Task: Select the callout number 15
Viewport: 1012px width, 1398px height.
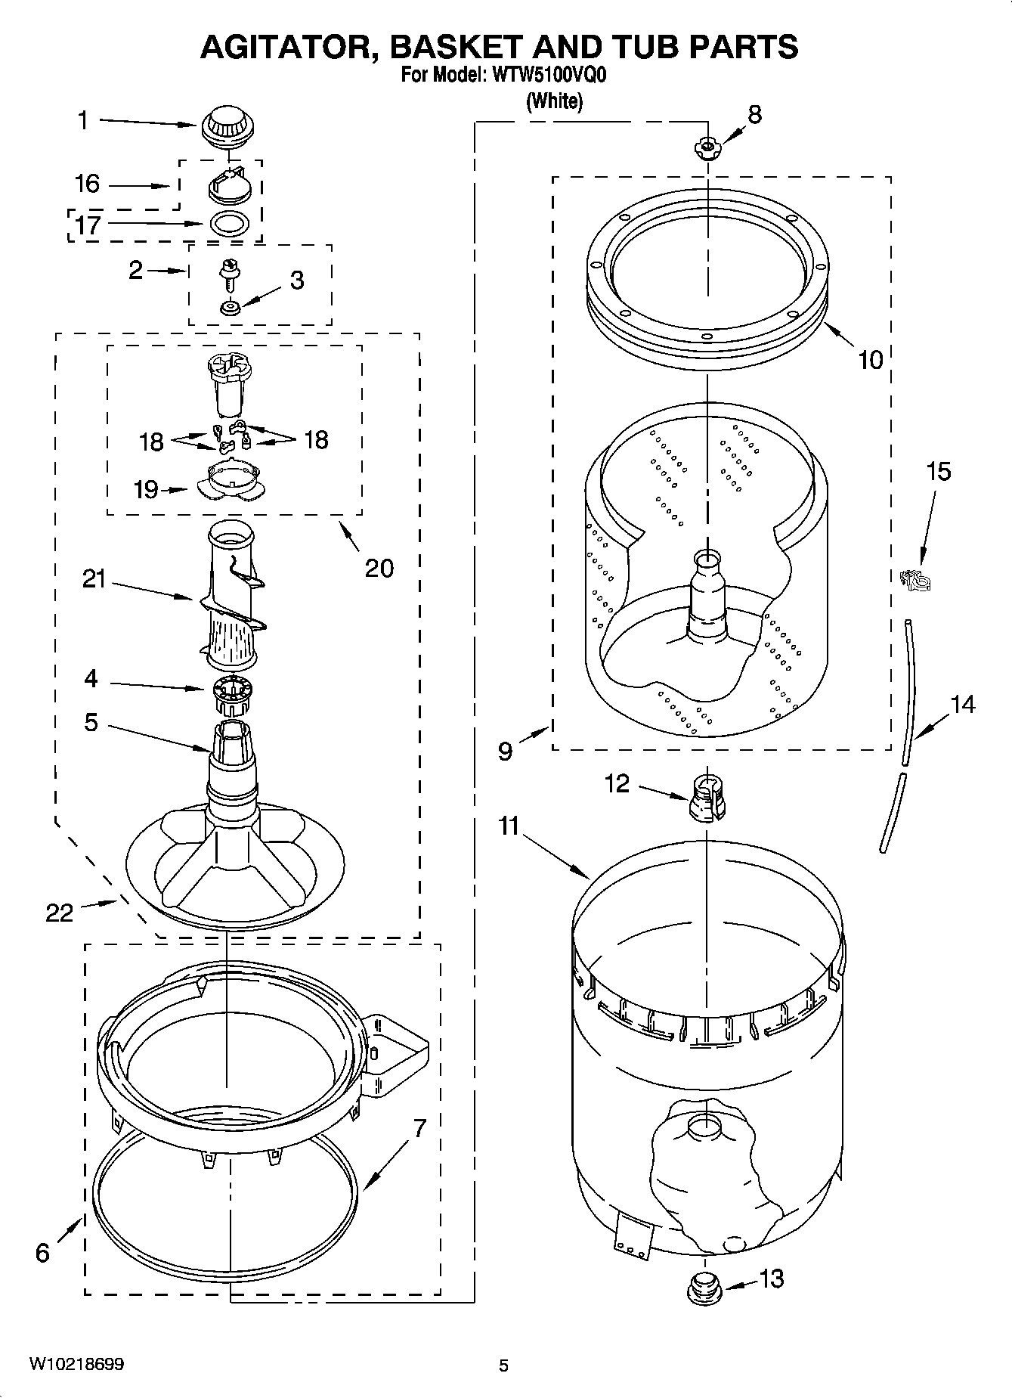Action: point(938,472)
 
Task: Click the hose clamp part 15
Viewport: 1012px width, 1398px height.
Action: point(916,581)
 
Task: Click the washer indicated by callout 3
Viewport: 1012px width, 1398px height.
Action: point(228,308)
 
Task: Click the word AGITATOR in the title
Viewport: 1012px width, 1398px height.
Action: point(291,47)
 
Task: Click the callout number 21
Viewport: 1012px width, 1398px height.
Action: point(94,579)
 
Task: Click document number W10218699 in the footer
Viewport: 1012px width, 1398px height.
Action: point(76,1364)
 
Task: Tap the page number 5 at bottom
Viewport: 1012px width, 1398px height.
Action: point(504,1365)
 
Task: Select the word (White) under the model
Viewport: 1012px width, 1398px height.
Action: point(554,101)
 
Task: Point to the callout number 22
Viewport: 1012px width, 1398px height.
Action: point(59,913)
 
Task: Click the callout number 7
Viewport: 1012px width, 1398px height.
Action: point(420,1128)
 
